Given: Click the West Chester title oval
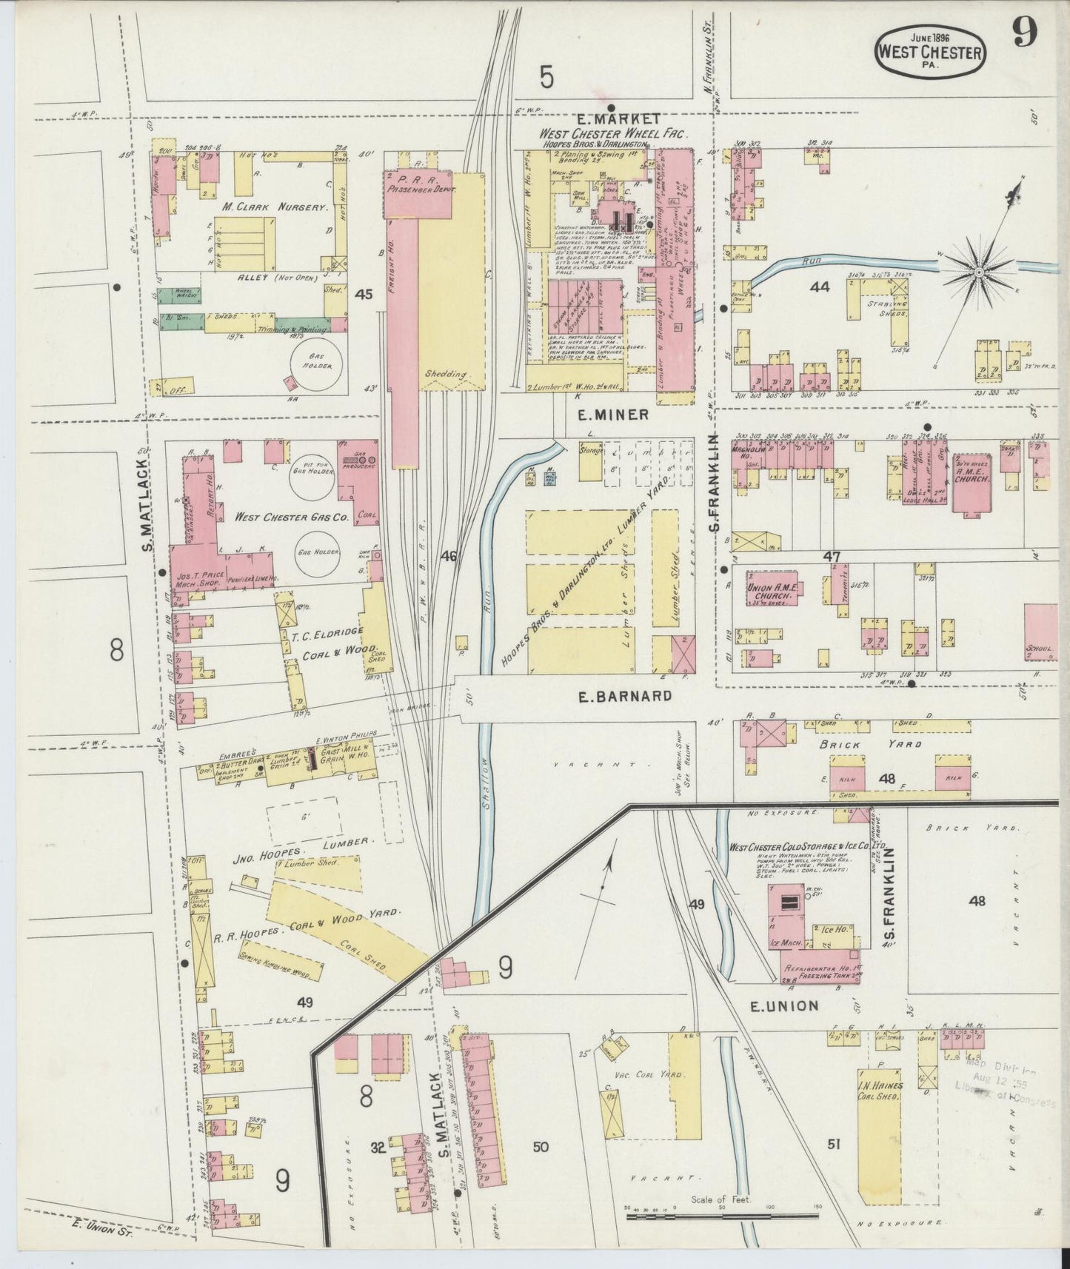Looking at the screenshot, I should click(930, 50).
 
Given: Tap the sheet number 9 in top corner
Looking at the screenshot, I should click(1026, 33).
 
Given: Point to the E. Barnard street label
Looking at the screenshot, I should click(626, 696).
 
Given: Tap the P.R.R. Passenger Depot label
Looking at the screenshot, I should click(420, 185).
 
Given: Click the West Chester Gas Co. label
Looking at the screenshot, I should click(291, 518).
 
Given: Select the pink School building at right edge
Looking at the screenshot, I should click(1040, 632).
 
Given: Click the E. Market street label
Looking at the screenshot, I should click(619, 118).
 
